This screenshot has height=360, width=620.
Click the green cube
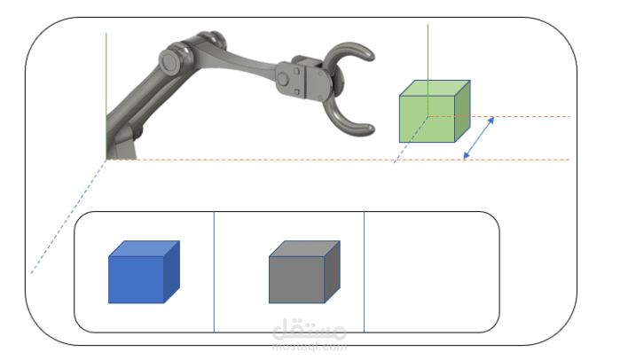[435, 112]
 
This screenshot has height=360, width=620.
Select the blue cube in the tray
[144, 272]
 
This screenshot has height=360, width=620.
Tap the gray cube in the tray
[304, 272]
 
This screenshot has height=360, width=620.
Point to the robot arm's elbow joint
[174, 61]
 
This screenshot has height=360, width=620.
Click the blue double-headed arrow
[478, 138]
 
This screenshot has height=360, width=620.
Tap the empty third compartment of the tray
[431, 272]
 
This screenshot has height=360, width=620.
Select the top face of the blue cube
[144, 248]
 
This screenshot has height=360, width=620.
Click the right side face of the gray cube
[332, 272]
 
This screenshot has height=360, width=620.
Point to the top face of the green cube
[435, 88]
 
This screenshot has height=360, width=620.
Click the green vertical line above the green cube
[428, 70]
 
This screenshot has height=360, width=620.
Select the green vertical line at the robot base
[106, 96]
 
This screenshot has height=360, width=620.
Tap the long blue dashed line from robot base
[68, 216]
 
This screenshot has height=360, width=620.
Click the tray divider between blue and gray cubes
[214, 272]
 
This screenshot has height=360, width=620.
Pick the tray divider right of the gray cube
[364, 272]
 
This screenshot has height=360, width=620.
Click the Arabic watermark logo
[310, 329]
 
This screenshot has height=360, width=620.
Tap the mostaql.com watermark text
[310, 348]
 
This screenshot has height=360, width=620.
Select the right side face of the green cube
[462, 112]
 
